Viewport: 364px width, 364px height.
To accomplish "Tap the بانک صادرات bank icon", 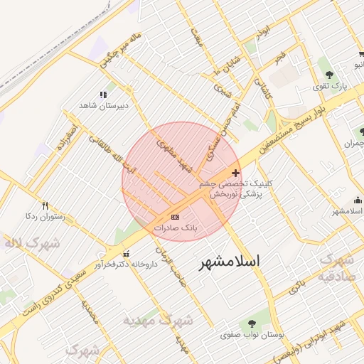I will click(x=175, y=217).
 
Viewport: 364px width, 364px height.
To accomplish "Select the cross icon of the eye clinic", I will click(x=236, y=173).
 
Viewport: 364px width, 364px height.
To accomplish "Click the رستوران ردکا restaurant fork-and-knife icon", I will click(x=45, y=205).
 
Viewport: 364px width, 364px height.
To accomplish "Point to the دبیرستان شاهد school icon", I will click(x=104, y=94).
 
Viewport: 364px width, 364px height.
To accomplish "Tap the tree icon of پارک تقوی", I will click(x=328, y=75).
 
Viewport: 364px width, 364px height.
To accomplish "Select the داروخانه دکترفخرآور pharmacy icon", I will click(x=127, y=253).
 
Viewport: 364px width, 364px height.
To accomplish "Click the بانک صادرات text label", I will click(x=175, y=228).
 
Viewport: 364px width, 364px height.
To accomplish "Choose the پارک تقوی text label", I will click(x=331, y=86).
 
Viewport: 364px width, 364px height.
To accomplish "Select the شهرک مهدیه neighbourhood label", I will click(x=158, y=320).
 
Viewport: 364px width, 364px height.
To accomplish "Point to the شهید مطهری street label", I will click(x=174, y=157).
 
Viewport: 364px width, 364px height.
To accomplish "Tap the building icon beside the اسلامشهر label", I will click(x=336, y=200).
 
